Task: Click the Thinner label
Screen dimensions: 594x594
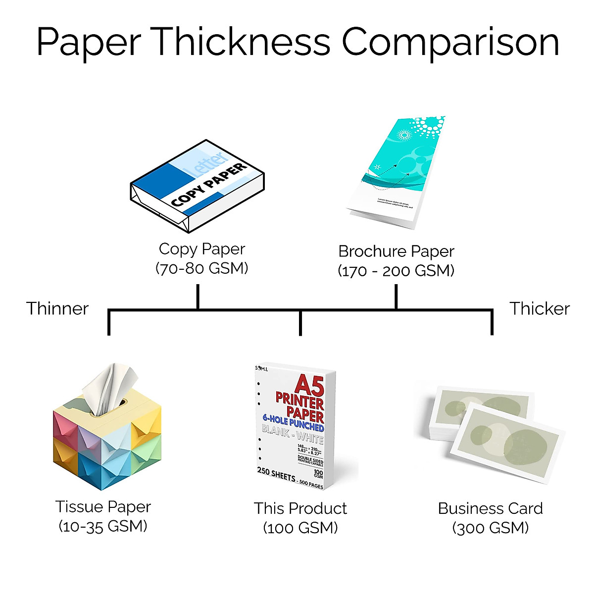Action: pyautogui.click(x=57, y=308)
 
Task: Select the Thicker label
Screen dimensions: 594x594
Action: pyautogui.click(x=540, y=308)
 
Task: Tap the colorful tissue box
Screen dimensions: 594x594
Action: pyautogui.click(x=107, y=441)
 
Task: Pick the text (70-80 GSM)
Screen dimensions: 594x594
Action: pyautogui.click(x=202, y=268)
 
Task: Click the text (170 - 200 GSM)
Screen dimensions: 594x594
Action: pyautogui.click(x=396, y=271)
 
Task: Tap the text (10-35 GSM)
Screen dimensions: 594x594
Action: pyautogui.click(x=103, y=526)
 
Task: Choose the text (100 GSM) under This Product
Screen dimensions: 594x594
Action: pyautogui.click(x=300, y=528)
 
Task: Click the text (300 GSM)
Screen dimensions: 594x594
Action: pyautogui.click(x=491, y=528)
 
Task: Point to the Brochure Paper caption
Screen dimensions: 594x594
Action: pyautogui.click(x=396, y=251)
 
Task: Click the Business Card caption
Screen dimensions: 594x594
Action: pyautogui.click(x=491, y=508)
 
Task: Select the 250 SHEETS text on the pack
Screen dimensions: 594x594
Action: pyautogui.click(x=276, y=474)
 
